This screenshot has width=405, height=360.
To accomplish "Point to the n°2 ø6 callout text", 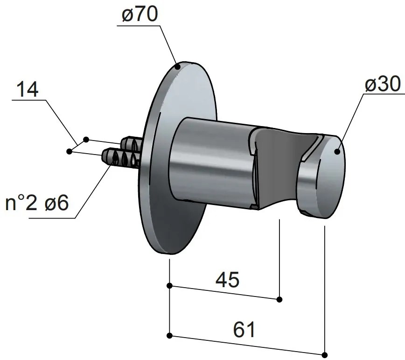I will coord(37,204).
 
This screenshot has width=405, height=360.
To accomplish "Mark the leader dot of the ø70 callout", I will coord(178,67).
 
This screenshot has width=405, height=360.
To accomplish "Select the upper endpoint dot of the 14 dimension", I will coord(86,139).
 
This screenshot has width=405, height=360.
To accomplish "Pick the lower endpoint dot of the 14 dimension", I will coord(70,151).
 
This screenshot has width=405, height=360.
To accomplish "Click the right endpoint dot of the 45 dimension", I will coord(279,299).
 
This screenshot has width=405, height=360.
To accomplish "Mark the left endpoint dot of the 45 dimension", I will coord(170,286).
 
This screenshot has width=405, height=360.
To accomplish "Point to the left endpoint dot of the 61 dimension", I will coord(170,335).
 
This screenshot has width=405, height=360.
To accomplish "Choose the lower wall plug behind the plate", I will coord(119,158).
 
